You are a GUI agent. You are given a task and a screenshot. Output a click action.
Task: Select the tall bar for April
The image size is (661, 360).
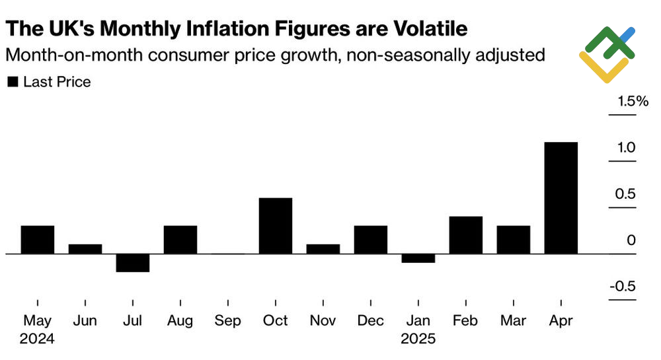[561, 198]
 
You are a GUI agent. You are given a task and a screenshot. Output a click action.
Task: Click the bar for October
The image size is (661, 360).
[276, 225]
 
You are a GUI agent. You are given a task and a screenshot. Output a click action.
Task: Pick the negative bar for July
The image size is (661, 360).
[133, 263]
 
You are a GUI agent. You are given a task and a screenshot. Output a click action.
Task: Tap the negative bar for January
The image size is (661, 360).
[418, 258]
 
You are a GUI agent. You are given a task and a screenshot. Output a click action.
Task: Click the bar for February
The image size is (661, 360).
[466, 234]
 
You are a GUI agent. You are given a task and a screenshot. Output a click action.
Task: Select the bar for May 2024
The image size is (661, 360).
[38, 239]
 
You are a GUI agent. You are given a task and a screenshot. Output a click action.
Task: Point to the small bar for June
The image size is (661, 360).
[85, 248]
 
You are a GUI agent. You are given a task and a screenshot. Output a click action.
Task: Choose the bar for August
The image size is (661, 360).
[180, 239]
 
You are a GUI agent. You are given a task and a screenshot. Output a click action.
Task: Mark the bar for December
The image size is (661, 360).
[371, 239]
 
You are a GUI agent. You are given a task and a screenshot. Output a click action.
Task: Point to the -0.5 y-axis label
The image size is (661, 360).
[623, 287]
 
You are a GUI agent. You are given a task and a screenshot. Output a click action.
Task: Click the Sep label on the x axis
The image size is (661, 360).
[227, 321]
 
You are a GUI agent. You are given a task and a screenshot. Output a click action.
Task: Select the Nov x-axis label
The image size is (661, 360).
[323, 321]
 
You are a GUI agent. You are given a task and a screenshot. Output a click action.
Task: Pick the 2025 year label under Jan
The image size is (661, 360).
[418, 340]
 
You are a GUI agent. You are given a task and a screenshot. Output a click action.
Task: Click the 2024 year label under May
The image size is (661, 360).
[38, 340]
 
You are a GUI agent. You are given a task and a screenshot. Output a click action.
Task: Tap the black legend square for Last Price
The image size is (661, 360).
[12, 83]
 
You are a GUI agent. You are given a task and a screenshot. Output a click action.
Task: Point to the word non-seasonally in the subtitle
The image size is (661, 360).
[375, 55]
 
